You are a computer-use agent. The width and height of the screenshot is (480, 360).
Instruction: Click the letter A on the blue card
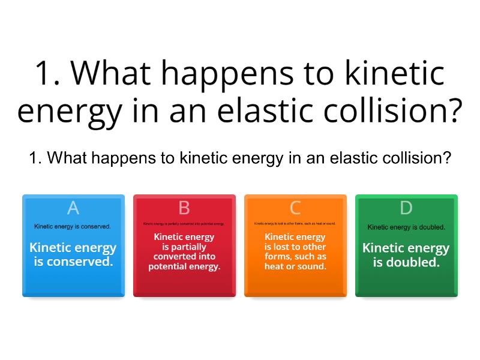point(73,208)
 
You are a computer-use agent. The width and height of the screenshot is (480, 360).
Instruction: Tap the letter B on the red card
point(184,208)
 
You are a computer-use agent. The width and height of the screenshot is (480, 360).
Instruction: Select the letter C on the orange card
point(295,208)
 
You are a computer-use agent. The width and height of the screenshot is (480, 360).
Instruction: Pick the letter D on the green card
point(406,208)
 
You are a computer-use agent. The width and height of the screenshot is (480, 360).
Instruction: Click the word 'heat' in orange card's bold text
point(275,266)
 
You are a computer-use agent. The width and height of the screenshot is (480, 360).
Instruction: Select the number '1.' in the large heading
point(49,73)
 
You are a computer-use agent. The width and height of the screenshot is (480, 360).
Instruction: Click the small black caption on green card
point(406,227)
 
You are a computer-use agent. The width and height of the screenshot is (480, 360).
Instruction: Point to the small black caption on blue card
point(72,227)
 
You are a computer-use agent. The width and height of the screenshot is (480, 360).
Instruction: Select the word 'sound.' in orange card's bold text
point(312,266)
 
